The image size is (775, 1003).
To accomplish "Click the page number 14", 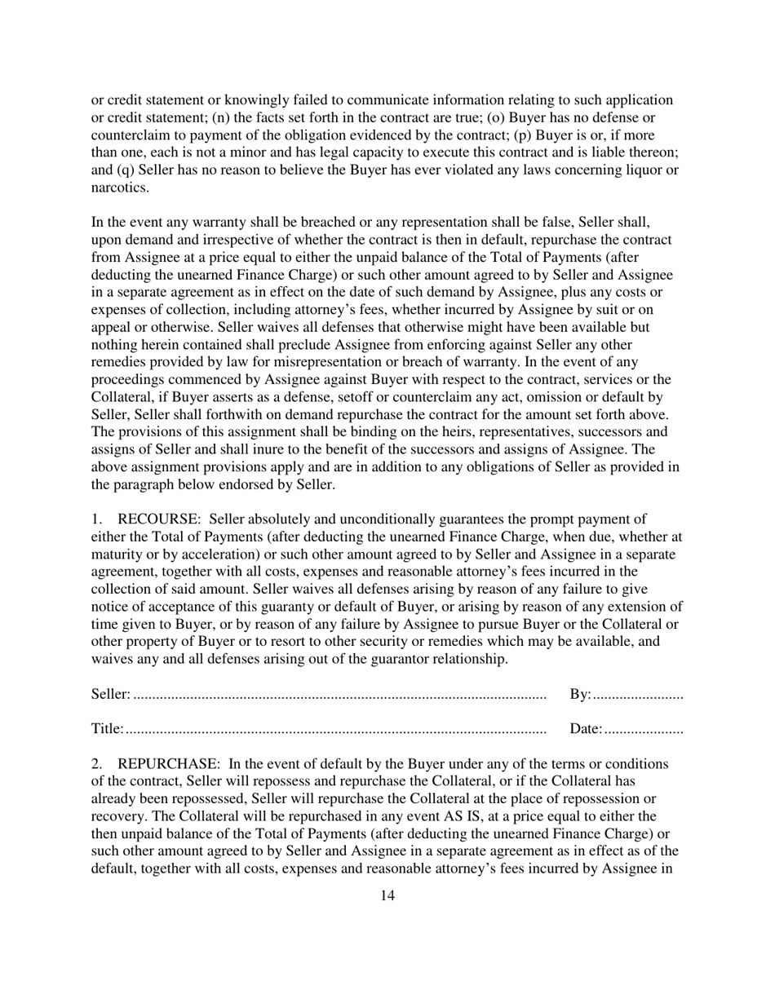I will [387, 896].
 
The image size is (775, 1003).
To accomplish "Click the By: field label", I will [580, 694].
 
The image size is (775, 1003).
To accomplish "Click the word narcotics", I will [119, 188].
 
